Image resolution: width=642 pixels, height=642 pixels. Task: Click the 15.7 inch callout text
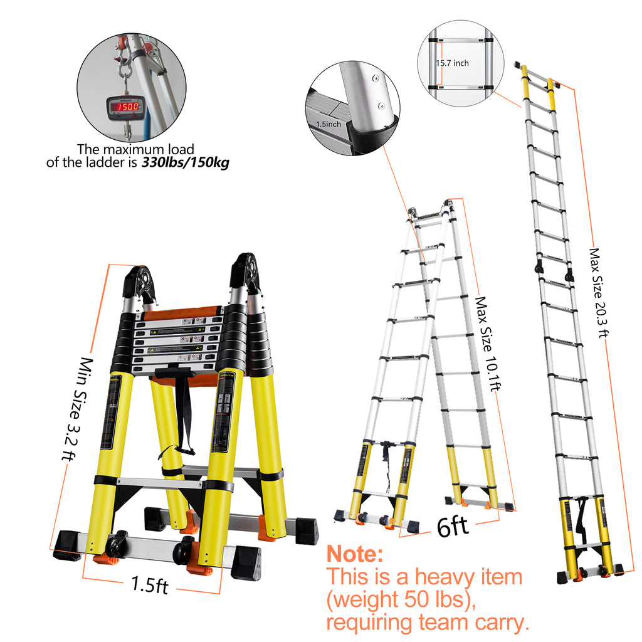tap(452, 63)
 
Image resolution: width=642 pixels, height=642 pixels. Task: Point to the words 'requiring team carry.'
tap(428, 623)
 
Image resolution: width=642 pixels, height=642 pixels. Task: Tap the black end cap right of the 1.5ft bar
tap(245, 562)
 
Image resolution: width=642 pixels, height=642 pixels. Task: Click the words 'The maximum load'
tap(135, 149)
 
